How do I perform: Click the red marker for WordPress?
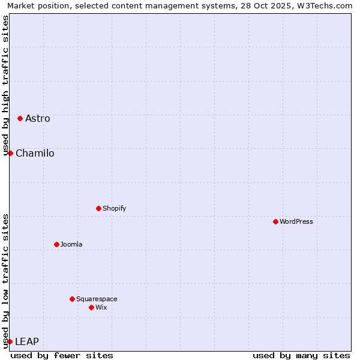pos(275,221)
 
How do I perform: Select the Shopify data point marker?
pos(98,208)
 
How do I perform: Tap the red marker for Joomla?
pos(56,244)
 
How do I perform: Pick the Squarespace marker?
pos(72,299)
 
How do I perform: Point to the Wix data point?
pos(91,307)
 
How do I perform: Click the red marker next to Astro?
pos(20,118)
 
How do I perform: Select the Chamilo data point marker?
pos(10,153)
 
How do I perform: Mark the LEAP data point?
pos(10,341)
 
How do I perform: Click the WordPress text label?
pos(296,221)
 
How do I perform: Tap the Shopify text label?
pos(114,208)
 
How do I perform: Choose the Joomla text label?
pos(71,244)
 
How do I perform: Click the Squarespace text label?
pos(97,299)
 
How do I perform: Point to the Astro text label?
pos(38,118)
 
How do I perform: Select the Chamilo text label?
pos(35,153)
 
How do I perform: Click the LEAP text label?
pos(27,341)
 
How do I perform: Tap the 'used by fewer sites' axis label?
pos(62,355)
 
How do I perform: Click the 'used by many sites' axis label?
pos(301,355)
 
